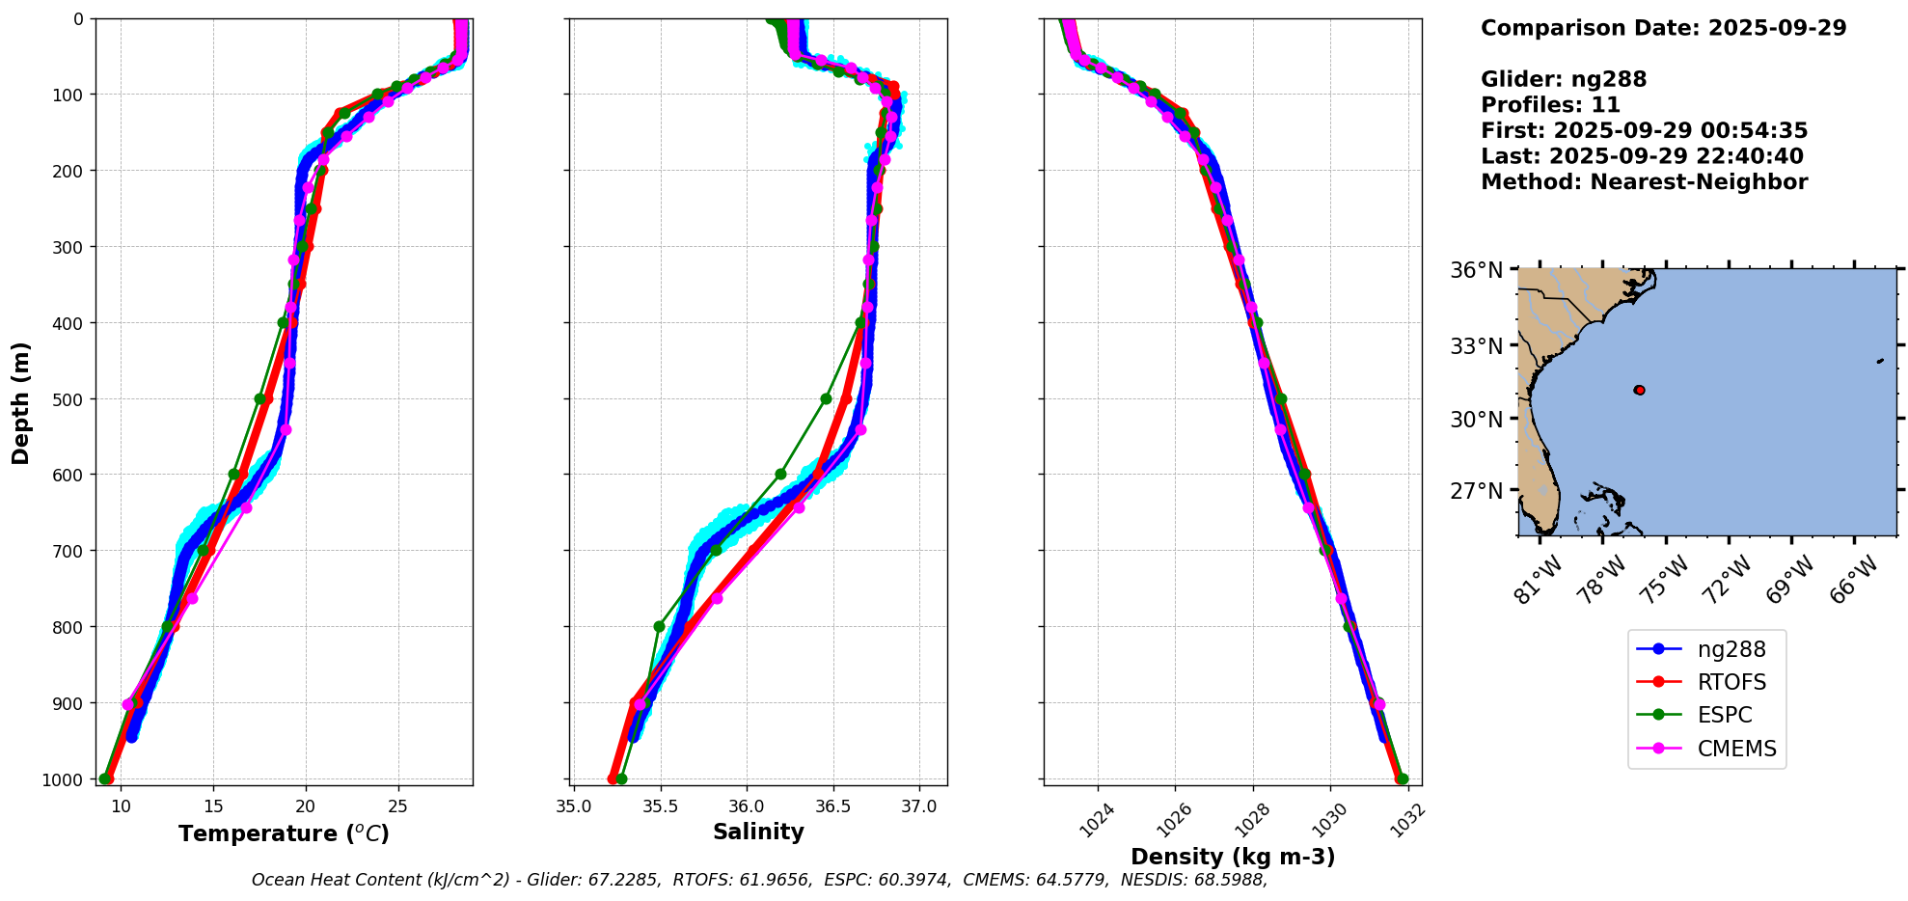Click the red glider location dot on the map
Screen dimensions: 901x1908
pos(1639,390)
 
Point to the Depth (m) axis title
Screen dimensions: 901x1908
pos(21,402)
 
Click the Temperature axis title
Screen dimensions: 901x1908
pos(284,833)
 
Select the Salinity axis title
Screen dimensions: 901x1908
pos(758,832)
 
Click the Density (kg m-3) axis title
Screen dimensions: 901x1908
pos(1232,857)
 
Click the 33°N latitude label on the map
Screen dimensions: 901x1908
pos(1476,345)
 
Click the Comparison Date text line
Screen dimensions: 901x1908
pos(1663,28)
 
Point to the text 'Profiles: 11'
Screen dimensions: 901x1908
pos(1550,105)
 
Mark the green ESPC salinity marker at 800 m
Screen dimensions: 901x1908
pos(659,626)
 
